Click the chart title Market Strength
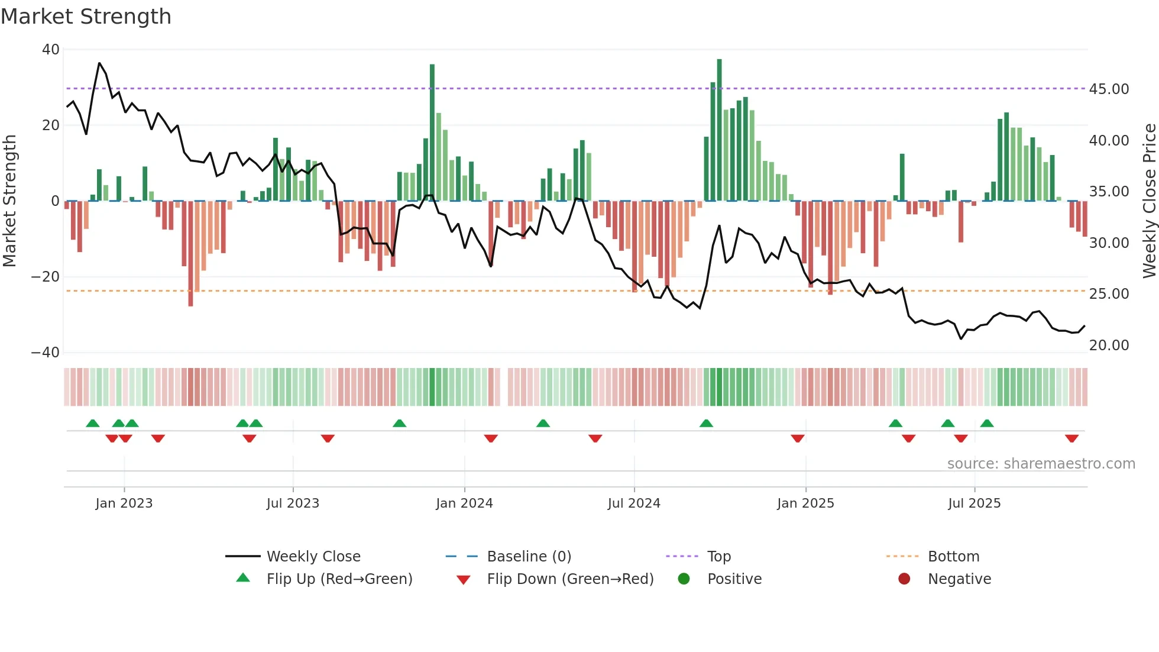[86, 17]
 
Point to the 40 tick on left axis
[51, 50]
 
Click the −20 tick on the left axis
[46, 277]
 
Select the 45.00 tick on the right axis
[1109, 89]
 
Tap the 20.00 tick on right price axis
[1109, 346]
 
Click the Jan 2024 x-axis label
[464, 503]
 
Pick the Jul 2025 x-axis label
[974, 503]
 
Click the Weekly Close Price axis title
[1149, 201]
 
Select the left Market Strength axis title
[10, 201]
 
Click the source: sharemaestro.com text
[1041, 464]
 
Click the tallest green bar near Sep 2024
[719, 130]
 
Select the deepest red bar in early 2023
[190, 254]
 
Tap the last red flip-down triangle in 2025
[1071, 438]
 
